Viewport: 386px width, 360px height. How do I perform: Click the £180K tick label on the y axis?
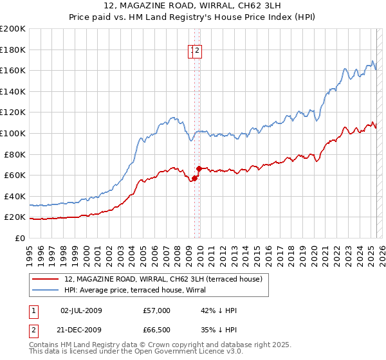coord(13,50)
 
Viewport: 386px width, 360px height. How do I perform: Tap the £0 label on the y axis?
coord(21,238)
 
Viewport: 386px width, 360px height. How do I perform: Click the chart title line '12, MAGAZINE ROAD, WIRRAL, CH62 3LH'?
coord(192,6)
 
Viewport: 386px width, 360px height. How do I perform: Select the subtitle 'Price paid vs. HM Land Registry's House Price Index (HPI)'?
coord(192,17)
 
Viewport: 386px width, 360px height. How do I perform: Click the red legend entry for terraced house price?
coord(163,279)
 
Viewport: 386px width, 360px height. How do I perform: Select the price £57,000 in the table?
coord(157,310)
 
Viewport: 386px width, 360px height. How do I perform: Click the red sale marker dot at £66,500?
coord(199,168)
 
